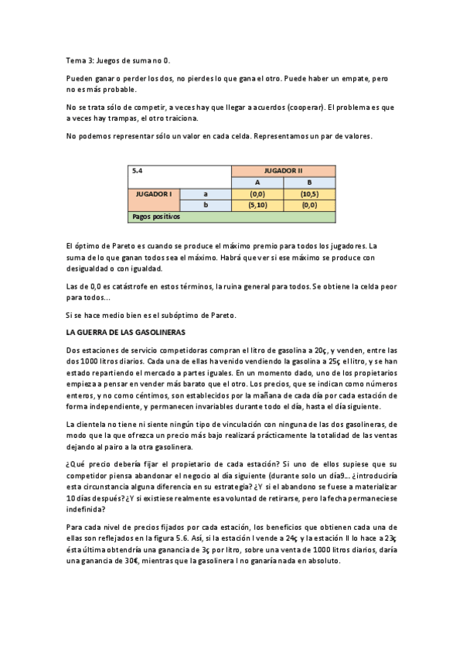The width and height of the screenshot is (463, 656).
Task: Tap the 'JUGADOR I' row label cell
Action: coord(154,193)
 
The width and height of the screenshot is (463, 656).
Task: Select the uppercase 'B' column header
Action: coord(309,183)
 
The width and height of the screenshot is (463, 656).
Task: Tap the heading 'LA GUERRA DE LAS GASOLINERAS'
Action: coord(126,332)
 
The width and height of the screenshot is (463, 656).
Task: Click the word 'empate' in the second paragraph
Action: coord(348,79)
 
